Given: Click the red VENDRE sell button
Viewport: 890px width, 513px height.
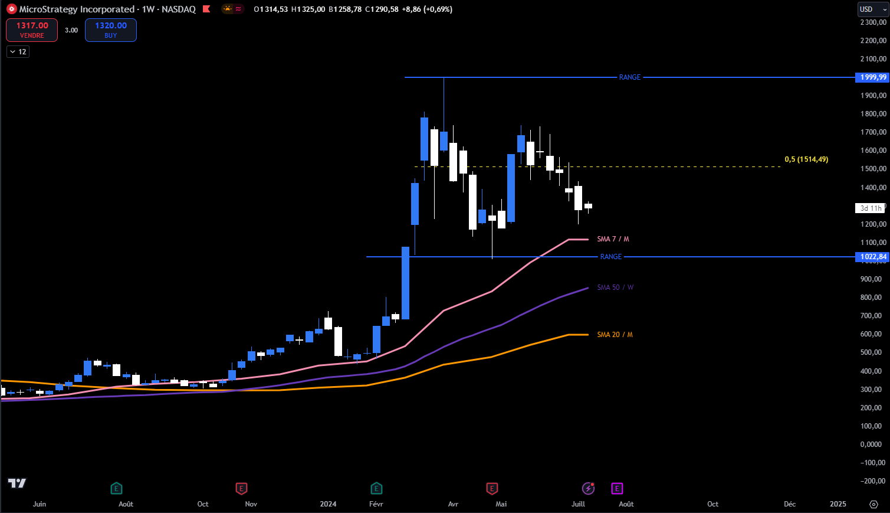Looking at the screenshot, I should click(32, 30).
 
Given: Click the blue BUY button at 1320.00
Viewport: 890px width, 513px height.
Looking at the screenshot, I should click(111, 30).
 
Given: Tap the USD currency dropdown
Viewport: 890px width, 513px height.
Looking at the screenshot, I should click(873, 9).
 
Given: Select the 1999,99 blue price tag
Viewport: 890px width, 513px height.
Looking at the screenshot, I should click(873, 77).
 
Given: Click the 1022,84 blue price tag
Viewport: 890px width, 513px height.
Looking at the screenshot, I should click(873, 257).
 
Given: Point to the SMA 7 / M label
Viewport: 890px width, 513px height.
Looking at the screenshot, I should click(613, 239).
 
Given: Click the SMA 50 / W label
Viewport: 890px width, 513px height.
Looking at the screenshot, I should click(615, 287).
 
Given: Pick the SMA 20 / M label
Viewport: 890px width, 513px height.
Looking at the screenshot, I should click(615, 335).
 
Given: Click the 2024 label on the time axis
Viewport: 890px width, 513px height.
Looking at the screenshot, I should click(328, 504).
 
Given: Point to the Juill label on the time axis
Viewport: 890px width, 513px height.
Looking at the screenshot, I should click(578, 504).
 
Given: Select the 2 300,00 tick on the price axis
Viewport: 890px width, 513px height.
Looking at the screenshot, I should click(873, 22).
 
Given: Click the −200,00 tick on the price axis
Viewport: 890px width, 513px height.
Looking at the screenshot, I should click(873, 481).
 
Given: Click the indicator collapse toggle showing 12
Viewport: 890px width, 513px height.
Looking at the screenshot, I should click(18, 52).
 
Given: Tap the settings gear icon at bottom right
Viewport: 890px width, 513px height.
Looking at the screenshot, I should click(873, 504).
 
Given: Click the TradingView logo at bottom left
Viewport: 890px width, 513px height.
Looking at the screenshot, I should click(17, 483).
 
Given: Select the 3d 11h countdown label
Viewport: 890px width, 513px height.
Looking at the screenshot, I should click(870, 208).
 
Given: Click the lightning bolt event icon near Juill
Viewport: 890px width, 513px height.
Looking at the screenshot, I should click(588, 488).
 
